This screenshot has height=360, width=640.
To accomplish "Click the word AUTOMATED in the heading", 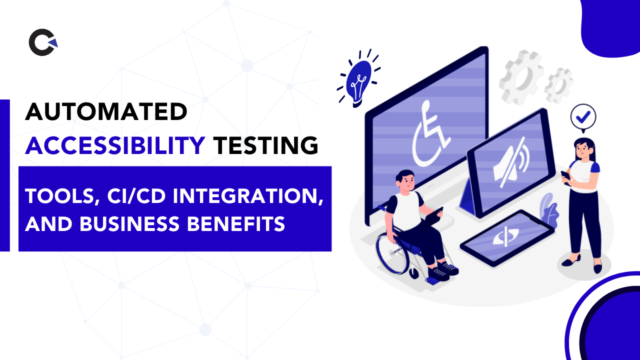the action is click(x=106, y=111).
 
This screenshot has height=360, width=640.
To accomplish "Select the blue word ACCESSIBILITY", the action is click(x=115, y=145).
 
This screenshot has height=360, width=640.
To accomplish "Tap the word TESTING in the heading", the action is click(x=266, y=145).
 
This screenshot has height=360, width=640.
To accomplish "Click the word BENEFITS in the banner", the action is click(x=236, y=223).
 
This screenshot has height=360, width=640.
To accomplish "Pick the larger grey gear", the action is click(x=521, y=77).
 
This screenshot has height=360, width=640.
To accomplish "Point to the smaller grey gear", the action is click(x=559, y=85).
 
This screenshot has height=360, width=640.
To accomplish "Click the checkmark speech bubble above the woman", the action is click(x=583, y=117).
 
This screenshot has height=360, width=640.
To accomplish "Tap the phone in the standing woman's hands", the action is click(x=565, y=176).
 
